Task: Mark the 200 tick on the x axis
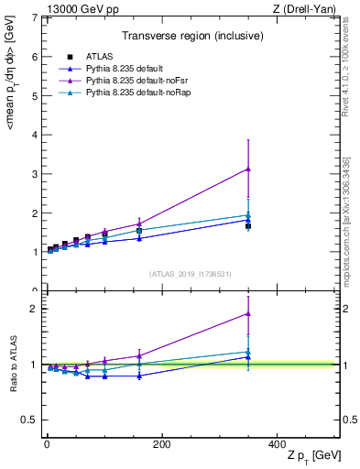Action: (x=161, y=444)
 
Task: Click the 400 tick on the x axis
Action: (x=277, y=444)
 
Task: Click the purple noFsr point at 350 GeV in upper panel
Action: (x=248, y=169)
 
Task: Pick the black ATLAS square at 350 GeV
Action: (x=248, y=226)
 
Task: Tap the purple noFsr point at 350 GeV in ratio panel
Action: (x=248, y=313)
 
